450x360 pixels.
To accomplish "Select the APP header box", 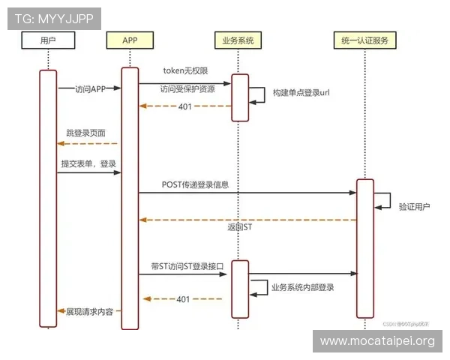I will click(130, 40).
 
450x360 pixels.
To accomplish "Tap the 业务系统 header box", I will click(238, 40).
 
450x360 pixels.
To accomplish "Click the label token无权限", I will click(185, 71).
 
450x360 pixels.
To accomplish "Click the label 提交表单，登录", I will click(88, 163).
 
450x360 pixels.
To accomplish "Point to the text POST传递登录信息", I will click(195, 184).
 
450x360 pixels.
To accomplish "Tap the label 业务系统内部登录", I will click(303, 287).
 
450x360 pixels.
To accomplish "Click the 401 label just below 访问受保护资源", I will click(184, 106).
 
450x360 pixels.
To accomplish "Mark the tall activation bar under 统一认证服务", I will click(364, 247).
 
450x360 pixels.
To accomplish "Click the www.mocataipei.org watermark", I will click(377, 341).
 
